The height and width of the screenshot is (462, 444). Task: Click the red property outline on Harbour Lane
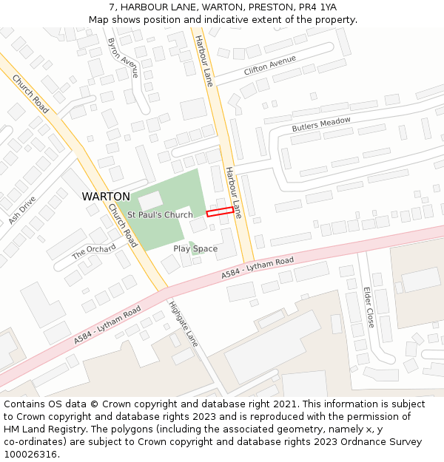(x=220, y=212)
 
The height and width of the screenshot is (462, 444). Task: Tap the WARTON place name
(x=106, y=197)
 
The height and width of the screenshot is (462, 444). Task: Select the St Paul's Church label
(x=160, y=215)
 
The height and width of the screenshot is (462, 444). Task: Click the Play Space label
(x=195, y=248)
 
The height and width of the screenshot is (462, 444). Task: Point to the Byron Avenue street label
(x=122, y=58)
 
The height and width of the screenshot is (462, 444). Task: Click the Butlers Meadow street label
(x=321, y=124)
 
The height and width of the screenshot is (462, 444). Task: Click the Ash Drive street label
(x=22, y=211)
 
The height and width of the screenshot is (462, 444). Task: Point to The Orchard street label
(x=94, y=251)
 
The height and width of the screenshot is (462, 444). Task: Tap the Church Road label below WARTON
(x=123, y=225)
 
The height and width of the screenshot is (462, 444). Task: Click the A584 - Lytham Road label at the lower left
(x=107, y=325)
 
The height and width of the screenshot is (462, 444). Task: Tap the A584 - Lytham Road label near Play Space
(x=258, y=268)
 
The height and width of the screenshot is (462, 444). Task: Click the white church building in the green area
(x=150, y=200)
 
